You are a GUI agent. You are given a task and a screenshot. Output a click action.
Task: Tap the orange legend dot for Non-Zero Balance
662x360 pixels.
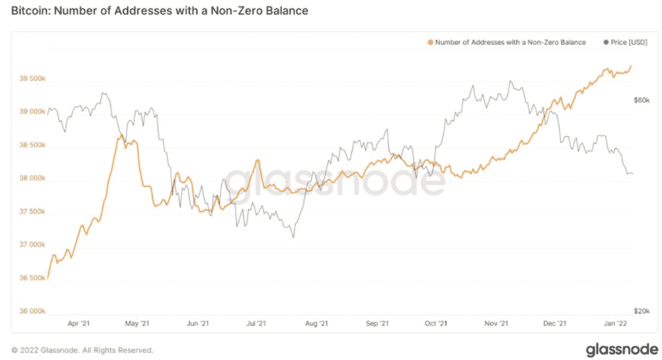[x=430, y=42]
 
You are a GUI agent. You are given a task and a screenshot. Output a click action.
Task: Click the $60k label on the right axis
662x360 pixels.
[x=641, y=100]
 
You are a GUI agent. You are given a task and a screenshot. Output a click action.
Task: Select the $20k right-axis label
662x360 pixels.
[x=641, y=311]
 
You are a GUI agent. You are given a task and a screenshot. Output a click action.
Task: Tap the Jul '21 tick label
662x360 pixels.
[x=257, y=323]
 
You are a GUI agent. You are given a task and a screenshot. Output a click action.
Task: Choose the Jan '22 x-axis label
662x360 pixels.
[x=614, y=323]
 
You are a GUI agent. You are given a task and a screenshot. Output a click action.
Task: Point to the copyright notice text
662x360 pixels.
[x=82, y=350]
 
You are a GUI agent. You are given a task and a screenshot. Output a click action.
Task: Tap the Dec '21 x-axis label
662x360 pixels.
[x=555, y=323]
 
